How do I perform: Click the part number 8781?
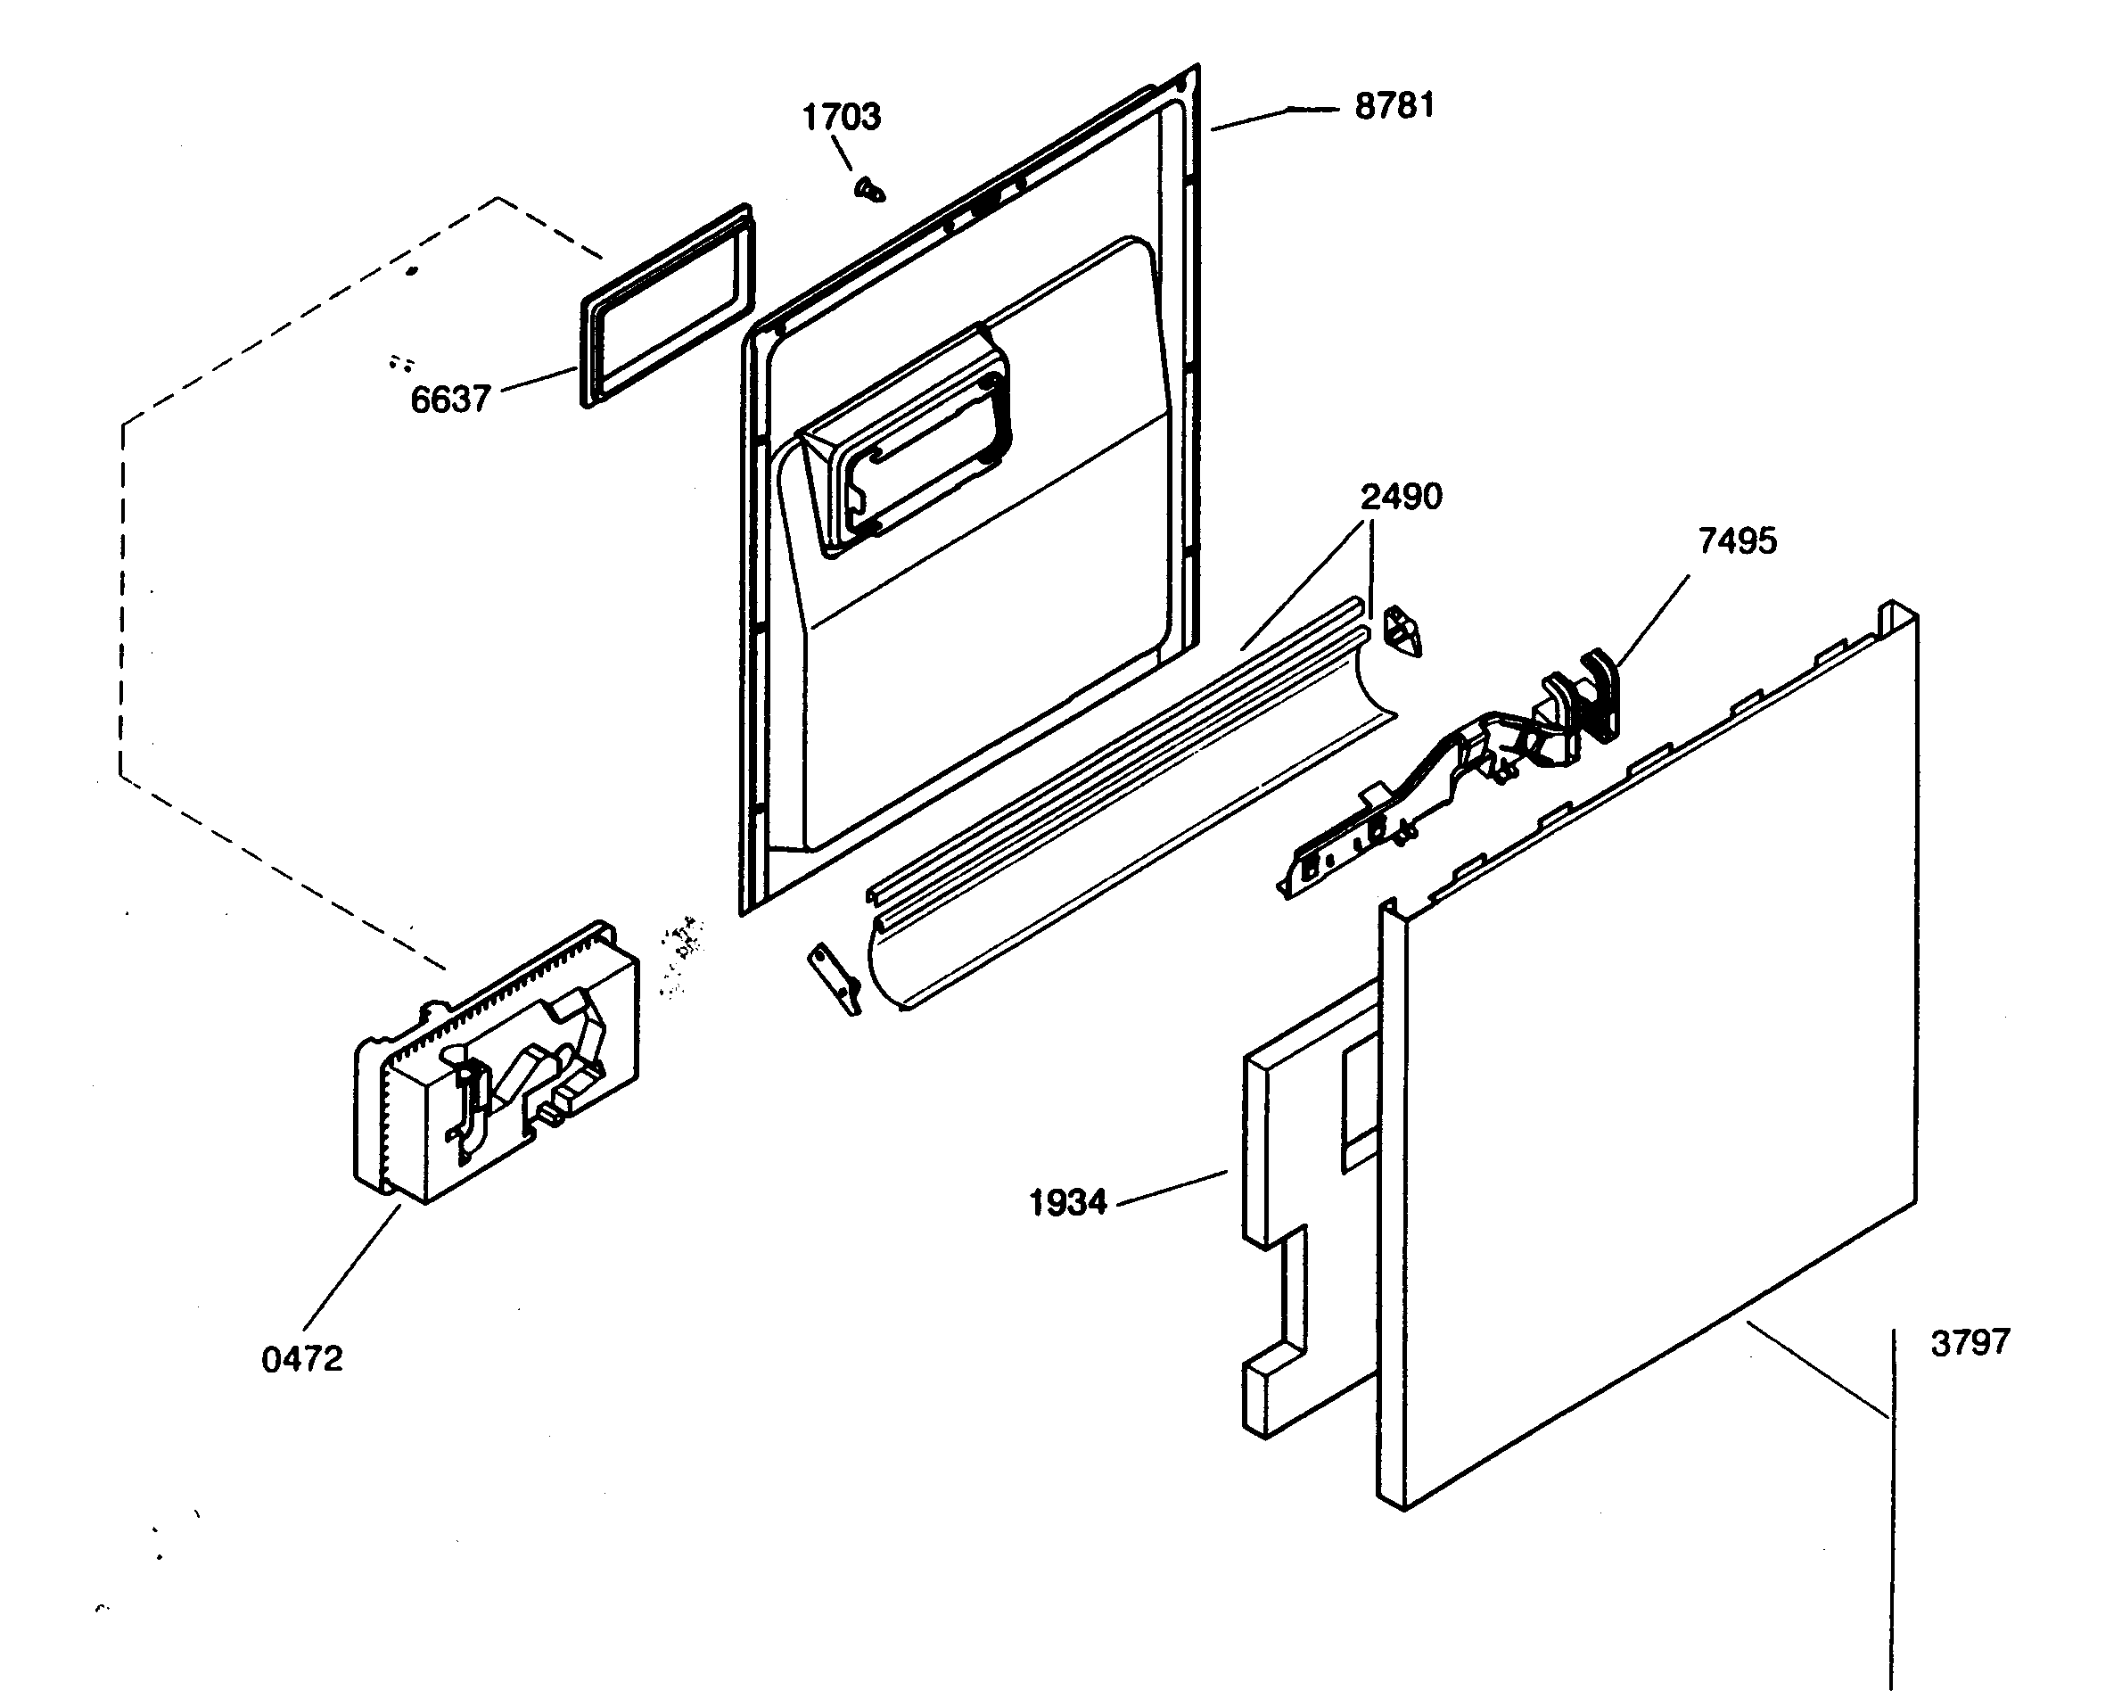(1394, 106)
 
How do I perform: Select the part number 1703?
(841, 117)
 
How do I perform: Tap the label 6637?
(449, 400)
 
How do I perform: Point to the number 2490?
(1401, 497)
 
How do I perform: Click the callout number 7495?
(1737, 541)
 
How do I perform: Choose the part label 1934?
(1067, 1203)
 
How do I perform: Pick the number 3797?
(1970, 1343)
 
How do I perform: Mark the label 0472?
(302, 1359)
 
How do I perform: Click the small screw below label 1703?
(869, 189)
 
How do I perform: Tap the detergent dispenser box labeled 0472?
(497, 1068)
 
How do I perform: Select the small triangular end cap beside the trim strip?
(1402, 633)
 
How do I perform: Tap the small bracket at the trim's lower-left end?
(835, 978)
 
